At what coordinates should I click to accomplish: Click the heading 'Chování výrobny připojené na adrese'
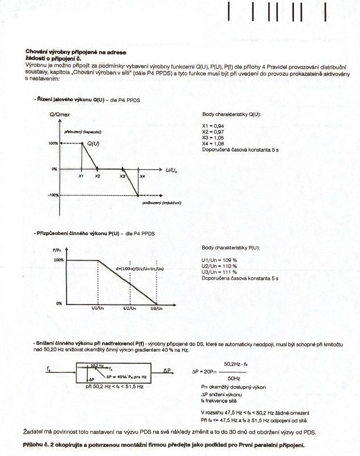[68, 52]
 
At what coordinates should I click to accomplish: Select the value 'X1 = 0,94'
[213, 126]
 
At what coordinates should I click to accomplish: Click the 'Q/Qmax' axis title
[60, 115]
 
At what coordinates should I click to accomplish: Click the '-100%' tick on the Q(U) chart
[54, 195]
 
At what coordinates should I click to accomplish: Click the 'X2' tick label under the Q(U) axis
[98, 176]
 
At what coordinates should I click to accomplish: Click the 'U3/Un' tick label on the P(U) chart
[156, 308]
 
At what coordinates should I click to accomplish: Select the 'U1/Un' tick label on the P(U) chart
[97, 308]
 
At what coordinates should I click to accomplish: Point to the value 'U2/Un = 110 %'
[219, 266]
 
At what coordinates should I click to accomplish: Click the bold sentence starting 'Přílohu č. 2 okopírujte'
[165, 444]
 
